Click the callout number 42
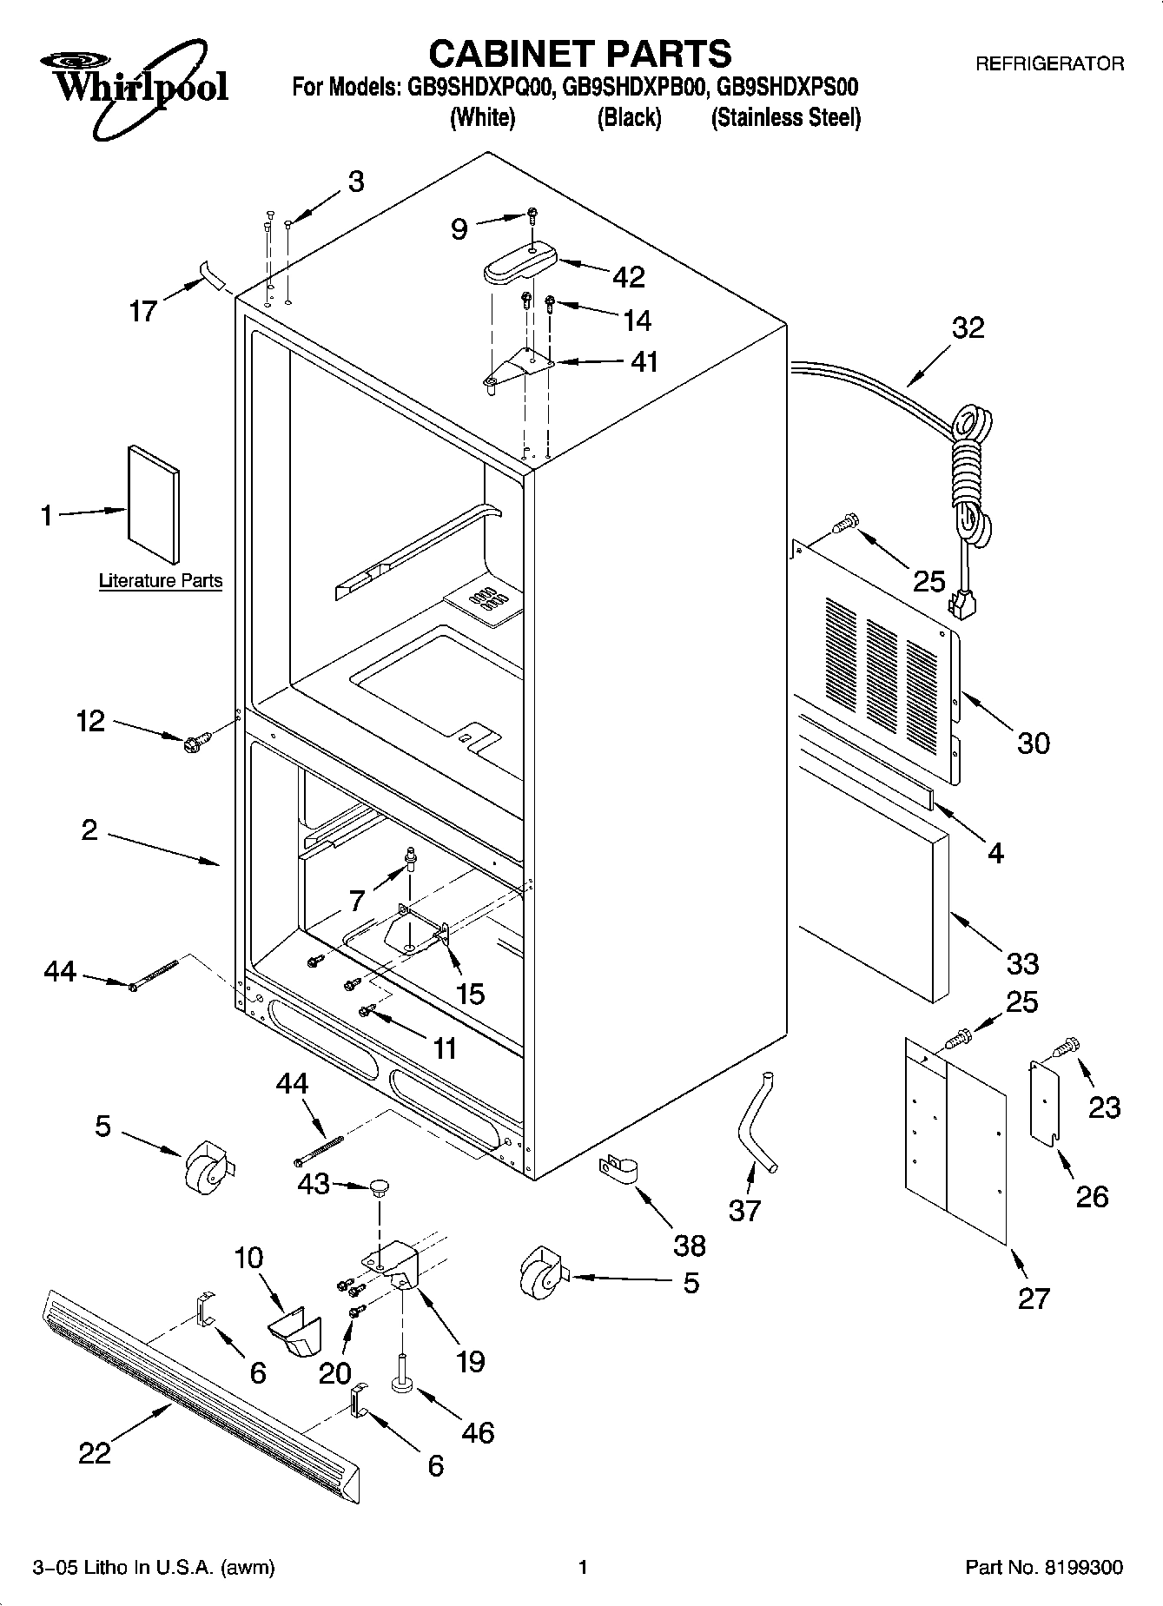pos(629,277)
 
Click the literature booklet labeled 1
pos(154,505)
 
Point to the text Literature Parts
pos(161,581)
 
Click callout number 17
pos(142,310)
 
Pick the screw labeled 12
pos(192,743)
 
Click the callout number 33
pos(1022,962)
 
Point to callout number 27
pos(1034,1299)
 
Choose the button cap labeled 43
pos(379,1187)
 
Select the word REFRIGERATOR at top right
pos(1049,63)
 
